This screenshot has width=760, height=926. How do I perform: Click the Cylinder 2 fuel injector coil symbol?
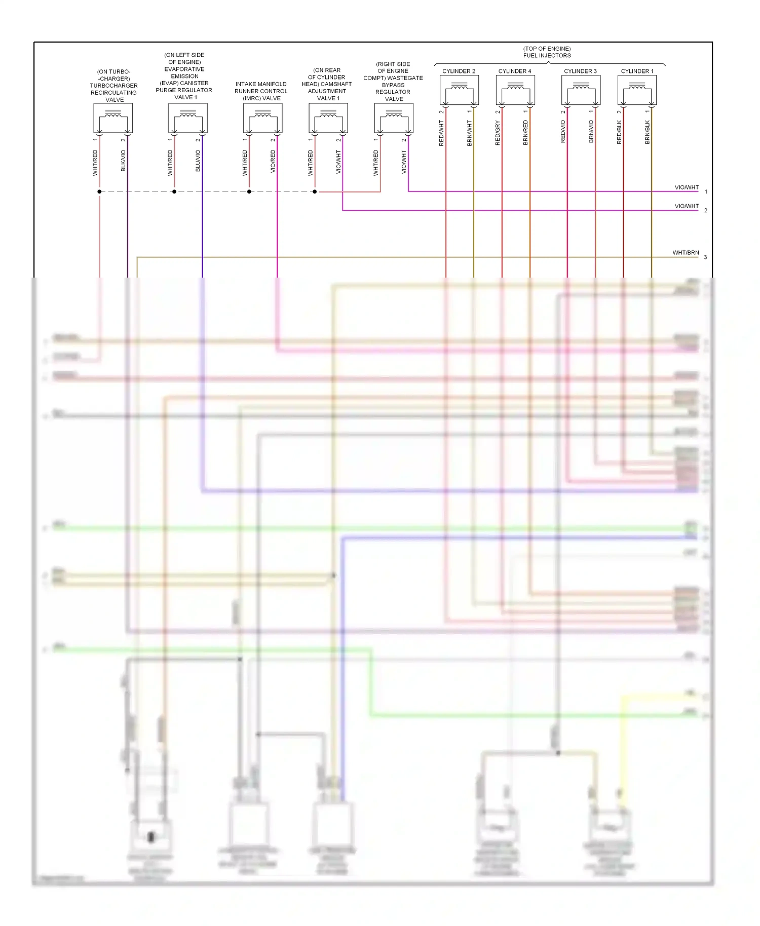[x=459, y=90]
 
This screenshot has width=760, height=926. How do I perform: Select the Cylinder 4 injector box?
[x=515, y=90]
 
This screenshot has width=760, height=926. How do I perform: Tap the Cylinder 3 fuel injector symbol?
[x=581, y=90]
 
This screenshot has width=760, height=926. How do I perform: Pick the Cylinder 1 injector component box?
[x=637, y=90]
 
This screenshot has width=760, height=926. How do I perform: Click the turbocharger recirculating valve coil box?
[x=113, y=118]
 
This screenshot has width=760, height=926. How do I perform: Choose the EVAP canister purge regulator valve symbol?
[x=188, y=118]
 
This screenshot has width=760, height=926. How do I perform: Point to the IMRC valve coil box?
[x=262, y=118]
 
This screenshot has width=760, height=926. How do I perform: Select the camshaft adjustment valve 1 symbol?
[x=328, y=118]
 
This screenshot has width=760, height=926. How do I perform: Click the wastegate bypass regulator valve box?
[x=394, y=118]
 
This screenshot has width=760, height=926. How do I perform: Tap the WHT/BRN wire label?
[x=686, y=253]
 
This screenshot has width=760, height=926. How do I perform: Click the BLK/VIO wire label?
[x=123, y=161]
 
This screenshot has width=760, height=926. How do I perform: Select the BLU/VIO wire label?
[x=198, y=161]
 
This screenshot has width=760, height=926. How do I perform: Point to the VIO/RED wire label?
[x=273, y=161]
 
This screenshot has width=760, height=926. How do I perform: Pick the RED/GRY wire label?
[x=498, y=133]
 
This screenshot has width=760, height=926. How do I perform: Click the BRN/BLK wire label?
[x=647, y=132]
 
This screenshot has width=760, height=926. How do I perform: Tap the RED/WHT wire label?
[x=441, y=133]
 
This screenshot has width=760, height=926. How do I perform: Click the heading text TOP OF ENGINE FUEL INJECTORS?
[x=547, y=52]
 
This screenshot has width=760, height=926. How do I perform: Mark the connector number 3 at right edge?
[x=705, y=257]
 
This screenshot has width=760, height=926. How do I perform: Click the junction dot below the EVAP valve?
[x=174, y=191]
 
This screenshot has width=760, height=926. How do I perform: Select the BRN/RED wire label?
[x=525, y=133]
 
